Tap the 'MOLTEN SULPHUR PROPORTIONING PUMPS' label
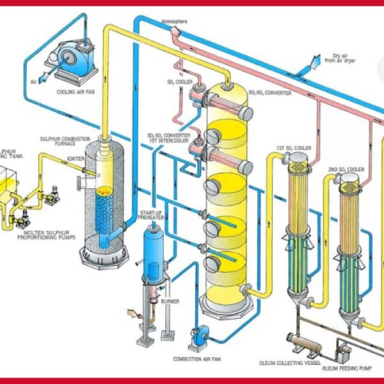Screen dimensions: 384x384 (x=49, y=233)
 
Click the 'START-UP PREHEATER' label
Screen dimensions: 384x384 (x=151, y=214)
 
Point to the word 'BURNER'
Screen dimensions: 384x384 (x=171, y=301)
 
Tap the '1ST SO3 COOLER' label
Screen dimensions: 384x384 (x=294, y=148)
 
